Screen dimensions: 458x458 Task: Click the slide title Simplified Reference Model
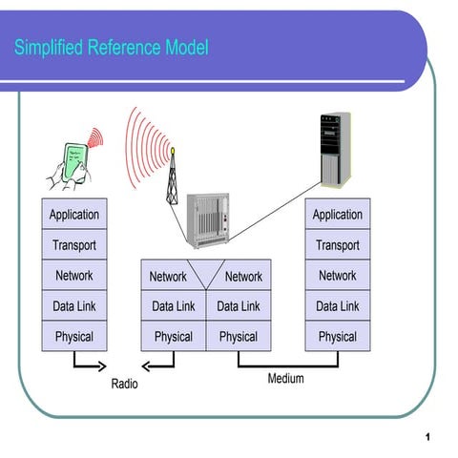[x=111, y=48]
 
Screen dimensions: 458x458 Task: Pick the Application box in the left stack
[x=73, y=215]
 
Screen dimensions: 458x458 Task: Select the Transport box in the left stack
[x=73, y=245]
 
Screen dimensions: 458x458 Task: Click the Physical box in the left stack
[x=73, y=337]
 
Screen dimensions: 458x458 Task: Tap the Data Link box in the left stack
[x=73, y=306]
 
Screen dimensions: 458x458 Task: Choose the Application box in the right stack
[x=338, y=215]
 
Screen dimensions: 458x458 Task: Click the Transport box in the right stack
[x=338, y=245]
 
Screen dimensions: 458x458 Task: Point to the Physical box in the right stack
[x=338, y=337]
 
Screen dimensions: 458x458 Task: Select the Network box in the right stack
[x=338, y=276]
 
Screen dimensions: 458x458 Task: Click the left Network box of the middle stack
[x=168, y=277]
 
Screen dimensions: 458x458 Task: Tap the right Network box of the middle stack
[x=243, y=277]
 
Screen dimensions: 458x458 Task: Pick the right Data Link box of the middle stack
[x=239, y=306]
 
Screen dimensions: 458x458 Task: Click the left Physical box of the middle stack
[x=173, y=337]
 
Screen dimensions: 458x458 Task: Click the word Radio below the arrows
[x=124, y=385]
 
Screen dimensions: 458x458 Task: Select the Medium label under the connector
[x=285, y=379]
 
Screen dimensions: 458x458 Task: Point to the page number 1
[x=429, y=436]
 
